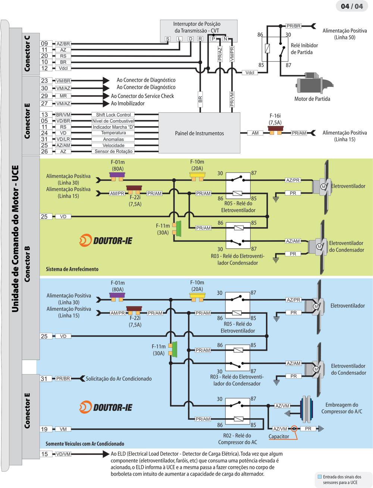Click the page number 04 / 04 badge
coord(352,6)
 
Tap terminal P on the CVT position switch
coord(213,39)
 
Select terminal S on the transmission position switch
coord(168,39)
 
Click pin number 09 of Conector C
coord(44,44)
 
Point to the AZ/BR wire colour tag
coord(63,44)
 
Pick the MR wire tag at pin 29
coord(63,96)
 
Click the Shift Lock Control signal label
coord(113,115)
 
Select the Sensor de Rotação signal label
coord(113,151)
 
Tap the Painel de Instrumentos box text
coord(200,133)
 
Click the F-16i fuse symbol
coord(276,130)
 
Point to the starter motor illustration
coord(314,85)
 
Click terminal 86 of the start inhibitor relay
coord(260,35)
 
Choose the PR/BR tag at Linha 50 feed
coord(294,26)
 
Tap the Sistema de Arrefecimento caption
coord(72,269)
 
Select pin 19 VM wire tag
coord(63,429)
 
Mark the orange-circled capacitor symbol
coord(294,429)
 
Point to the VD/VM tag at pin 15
coord(63,454)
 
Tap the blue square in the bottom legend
coord(319,477)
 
